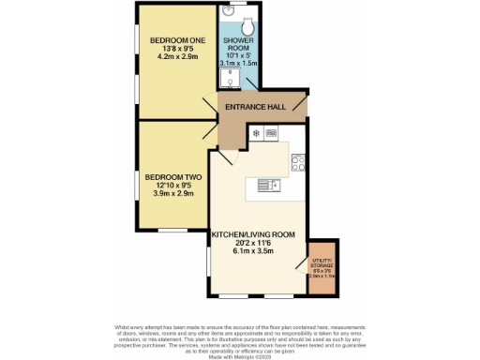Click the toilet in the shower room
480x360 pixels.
pos(249,23)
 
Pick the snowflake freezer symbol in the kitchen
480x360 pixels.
pos(256,134)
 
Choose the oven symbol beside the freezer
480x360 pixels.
pos(271,134)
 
